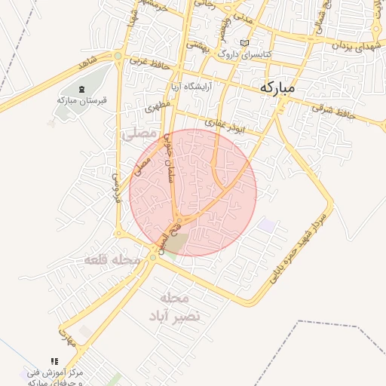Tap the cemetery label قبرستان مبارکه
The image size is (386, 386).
[82, 100]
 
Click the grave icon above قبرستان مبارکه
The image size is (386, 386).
[82, 90]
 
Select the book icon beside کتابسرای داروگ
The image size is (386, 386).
[243, 43]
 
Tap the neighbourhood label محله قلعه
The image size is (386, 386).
[112, 260]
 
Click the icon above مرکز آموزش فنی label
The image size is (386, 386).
[54, 362]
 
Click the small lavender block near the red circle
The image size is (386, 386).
[266, 225]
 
